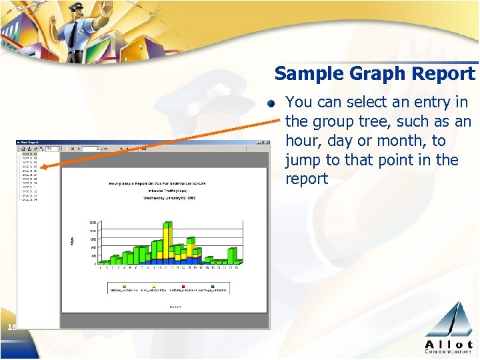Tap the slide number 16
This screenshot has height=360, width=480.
(13, 327)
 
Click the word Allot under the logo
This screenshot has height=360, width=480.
(448, 343)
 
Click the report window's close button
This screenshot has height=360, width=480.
(266, 142)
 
